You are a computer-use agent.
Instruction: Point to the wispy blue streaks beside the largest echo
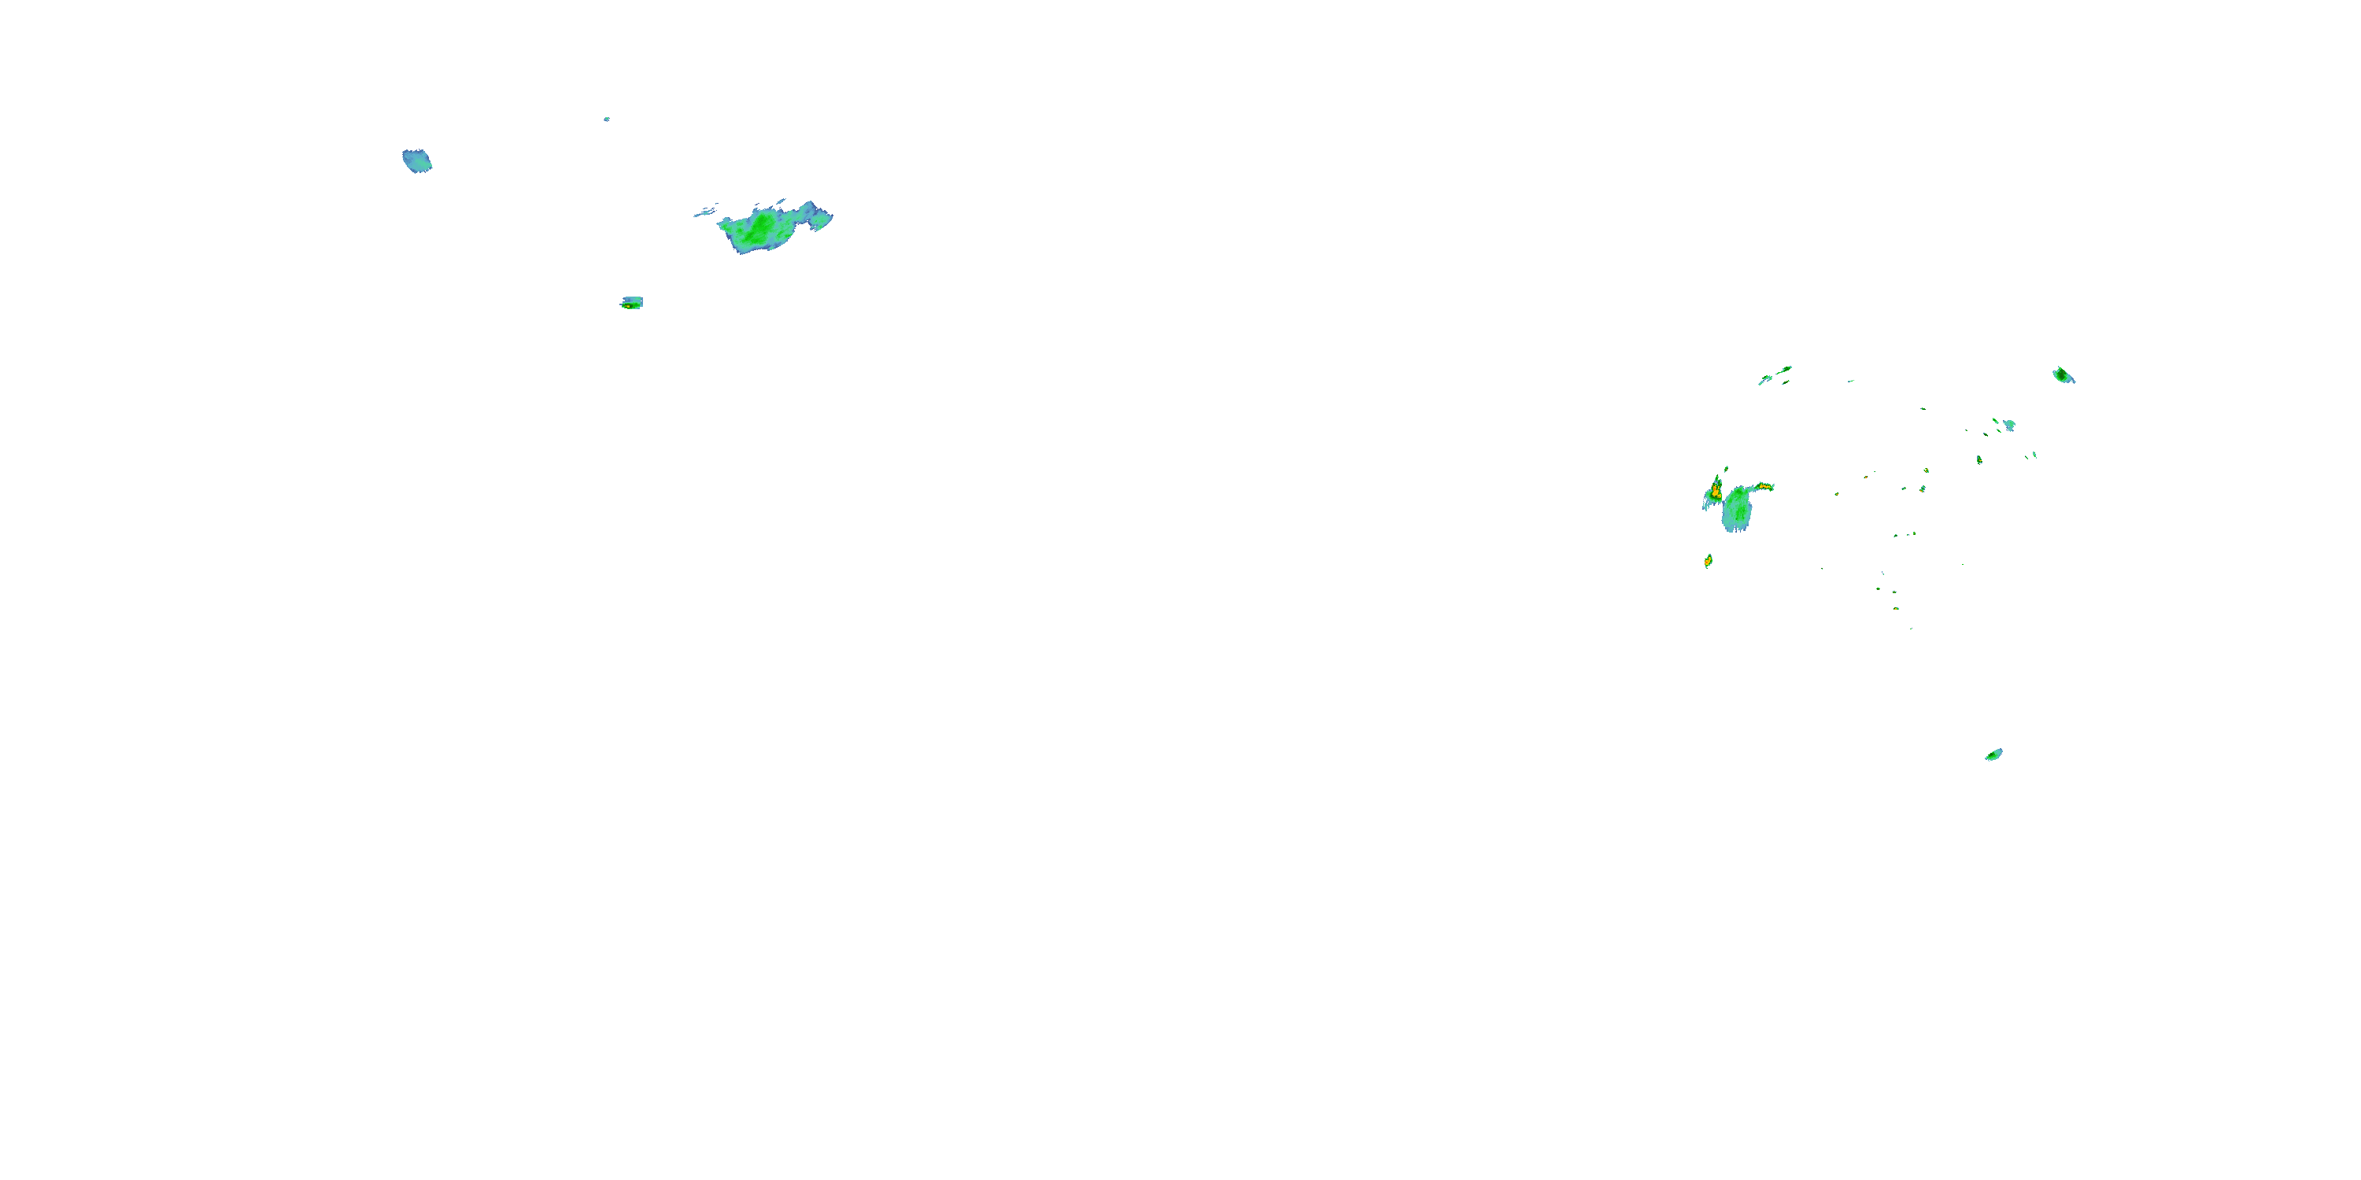pyautogui.click(x=705, y=212)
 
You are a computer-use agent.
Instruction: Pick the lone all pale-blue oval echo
pyautogui.click(x=417, y=161)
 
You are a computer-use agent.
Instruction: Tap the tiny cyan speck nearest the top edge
pyautogui.click(x=607, y=119)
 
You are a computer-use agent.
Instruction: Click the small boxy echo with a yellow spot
pyautogui.click(x=631, y=302)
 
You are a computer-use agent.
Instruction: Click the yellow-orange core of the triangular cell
pyautogui.click(x=1715, y=492)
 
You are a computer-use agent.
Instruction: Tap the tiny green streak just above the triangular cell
pyautogui.click(x=1726, y=469)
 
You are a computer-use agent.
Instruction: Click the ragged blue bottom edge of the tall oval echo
pyautogui.click(x=1736, y=529)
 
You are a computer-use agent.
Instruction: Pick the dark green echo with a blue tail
pyautogui.click(x=2060, y=374)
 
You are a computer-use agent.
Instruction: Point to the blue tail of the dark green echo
pyautogui.click(x=2071, y=379)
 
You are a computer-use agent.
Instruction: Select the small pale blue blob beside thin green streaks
pyautogui.click(x=2009, y=425)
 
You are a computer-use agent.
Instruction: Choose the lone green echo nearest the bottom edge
pyautogui.click(x=1993, y=754)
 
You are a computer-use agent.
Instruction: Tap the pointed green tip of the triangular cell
pyautogui.click(x=1717, y=478)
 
